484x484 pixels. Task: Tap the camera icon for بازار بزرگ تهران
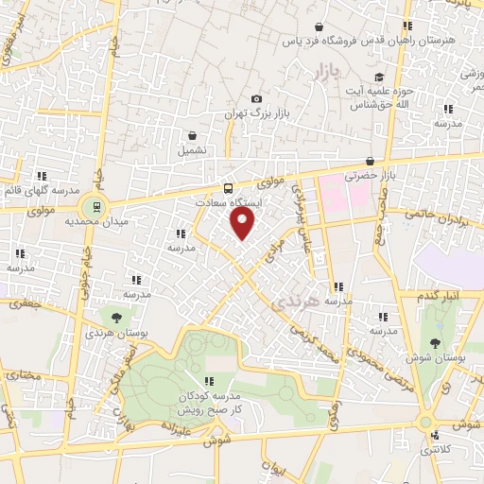pos(256,98)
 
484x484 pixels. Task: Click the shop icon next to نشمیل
pos(193,135)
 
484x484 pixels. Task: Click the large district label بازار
pos(324,71)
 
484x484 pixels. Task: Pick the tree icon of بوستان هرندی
pos(117,318)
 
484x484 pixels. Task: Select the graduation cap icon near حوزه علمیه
pos(379,78)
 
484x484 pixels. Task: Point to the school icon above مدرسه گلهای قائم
pos(42,175)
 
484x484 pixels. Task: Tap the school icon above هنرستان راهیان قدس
pos(407,26)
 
